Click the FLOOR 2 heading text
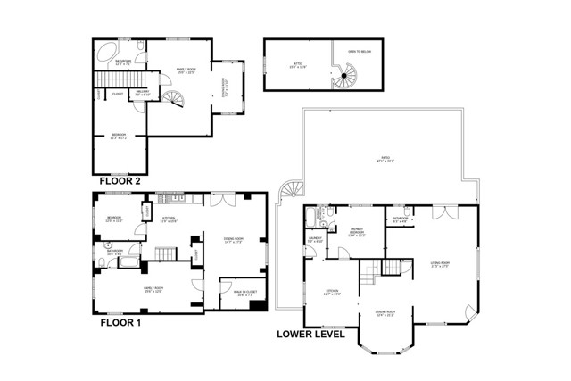click(120, 180)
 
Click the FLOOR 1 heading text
click(120, 325)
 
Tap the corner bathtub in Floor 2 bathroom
click(104, 50)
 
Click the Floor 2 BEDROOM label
click(119, 137)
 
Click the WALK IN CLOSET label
click(233, 287)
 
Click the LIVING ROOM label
click(440, 263)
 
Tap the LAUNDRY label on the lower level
click(314, 238)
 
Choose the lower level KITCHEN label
click(333, 293)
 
